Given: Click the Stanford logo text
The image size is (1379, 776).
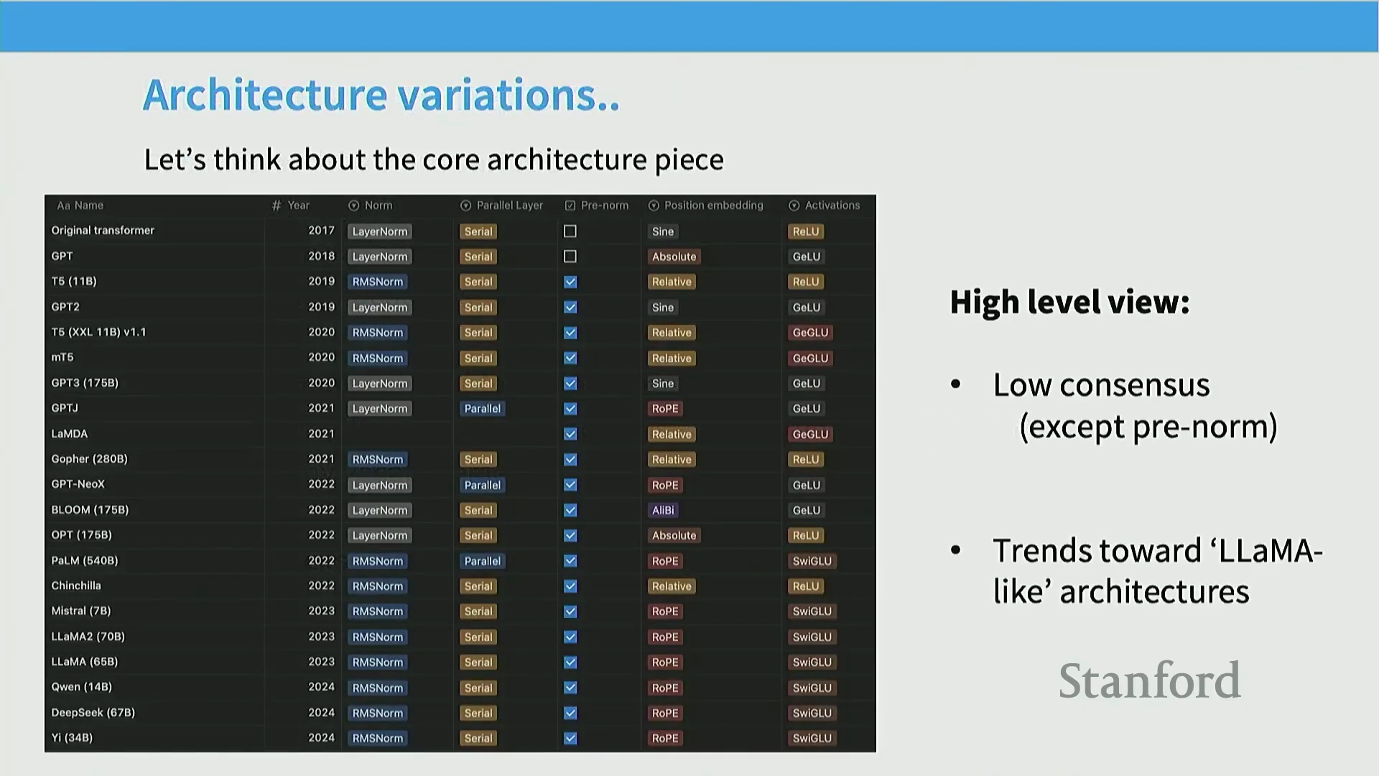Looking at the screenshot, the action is pyautogui.click(x=1149, y=680).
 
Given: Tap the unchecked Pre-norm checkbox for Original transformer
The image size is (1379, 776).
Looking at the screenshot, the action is pyautogui.click(x=570, y=231).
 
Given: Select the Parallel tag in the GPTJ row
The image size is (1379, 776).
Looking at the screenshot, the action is pyautogui.click(x=483, y=409).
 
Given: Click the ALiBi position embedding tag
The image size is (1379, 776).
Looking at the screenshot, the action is pyautogui.click(x=663, y=510).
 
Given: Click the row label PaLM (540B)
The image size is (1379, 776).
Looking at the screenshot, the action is pyautogui.click(x=85, y=560).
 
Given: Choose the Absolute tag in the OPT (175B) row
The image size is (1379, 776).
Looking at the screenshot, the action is pyautogui.click(x=674, y=535).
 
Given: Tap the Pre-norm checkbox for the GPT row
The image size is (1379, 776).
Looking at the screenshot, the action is pyautogui.click(x=570, y=257).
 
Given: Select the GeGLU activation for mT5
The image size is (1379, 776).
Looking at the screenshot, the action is pyautogui.click(x=810, y=358).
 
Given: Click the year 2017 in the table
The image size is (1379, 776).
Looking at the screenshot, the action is pyautogui.click(x=322, y=231).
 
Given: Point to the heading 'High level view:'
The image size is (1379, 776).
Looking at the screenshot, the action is pyautogui.click(x=1069, y=302).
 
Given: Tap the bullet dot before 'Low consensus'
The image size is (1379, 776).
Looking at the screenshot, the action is pyautogui.click(x=955, y=384).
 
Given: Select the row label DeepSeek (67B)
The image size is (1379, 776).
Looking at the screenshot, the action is pyautogui.click(x=93, y=713).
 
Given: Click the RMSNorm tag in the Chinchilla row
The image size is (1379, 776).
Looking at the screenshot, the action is pyautogui.click(x=378, y=586).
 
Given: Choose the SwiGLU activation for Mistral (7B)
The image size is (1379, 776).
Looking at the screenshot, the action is pyautogui.click(x=812, y=611).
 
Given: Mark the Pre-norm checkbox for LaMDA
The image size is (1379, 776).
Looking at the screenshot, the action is pyautogui.click(x=570, y=434).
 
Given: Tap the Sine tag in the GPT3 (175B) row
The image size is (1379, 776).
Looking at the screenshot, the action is pyautogui.click(x=662, y=384).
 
